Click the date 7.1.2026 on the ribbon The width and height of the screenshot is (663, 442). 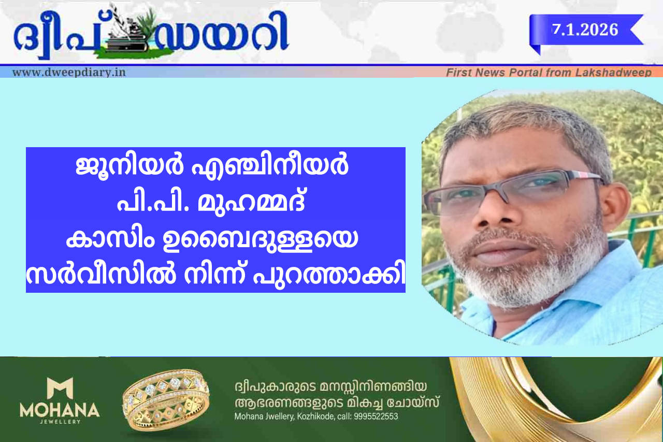tap(585, 30)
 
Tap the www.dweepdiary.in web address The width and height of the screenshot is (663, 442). tap(69, 72)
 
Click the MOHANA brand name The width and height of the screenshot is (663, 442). tap(60, 410)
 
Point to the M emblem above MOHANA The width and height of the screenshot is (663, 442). tap(60, 388)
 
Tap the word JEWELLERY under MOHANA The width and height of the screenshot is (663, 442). tap(60, 422)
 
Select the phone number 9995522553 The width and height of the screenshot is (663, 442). tap(376, 417)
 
